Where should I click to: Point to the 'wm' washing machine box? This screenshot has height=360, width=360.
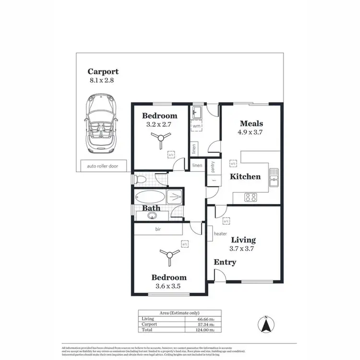coord(197,126)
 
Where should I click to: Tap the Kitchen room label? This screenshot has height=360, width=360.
coord(245,177)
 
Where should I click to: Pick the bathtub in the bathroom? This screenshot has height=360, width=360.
coord(149,197)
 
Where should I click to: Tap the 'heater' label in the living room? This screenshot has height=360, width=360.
coord(220,234)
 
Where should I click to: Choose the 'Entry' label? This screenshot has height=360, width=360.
coord(225,262)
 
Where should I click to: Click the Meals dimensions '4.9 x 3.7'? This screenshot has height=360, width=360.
coord(251,132)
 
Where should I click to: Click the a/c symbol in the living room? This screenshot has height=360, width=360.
coord(225,220)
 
